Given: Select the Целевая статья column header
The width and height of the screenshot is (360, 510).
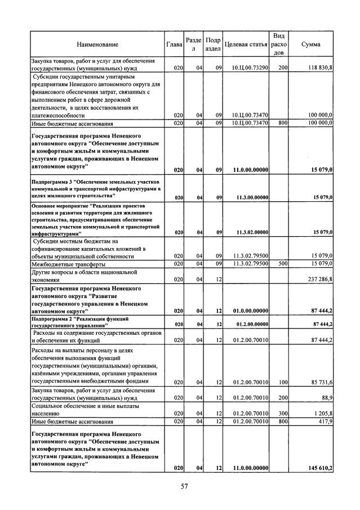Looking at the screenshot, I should click(246, 44).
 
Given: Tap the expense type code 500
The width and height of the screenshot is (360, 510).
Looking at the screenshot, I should click(282, 263).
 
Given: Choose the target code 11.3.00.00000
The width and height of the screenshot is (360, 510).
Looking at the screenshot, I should click(252, 197).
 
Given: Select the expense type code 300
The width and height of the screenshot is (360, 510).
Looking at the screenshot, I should click(282, 413).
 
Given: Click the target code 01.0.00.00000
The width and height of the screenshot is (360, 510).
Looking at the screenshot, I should click(252, 310).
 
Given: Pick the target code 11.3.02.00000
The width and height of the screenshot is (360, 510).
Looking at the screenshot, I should click(252, 232).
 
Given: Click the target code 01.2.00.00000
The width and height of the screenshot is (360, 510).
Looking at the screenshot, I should click(252, 324).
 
